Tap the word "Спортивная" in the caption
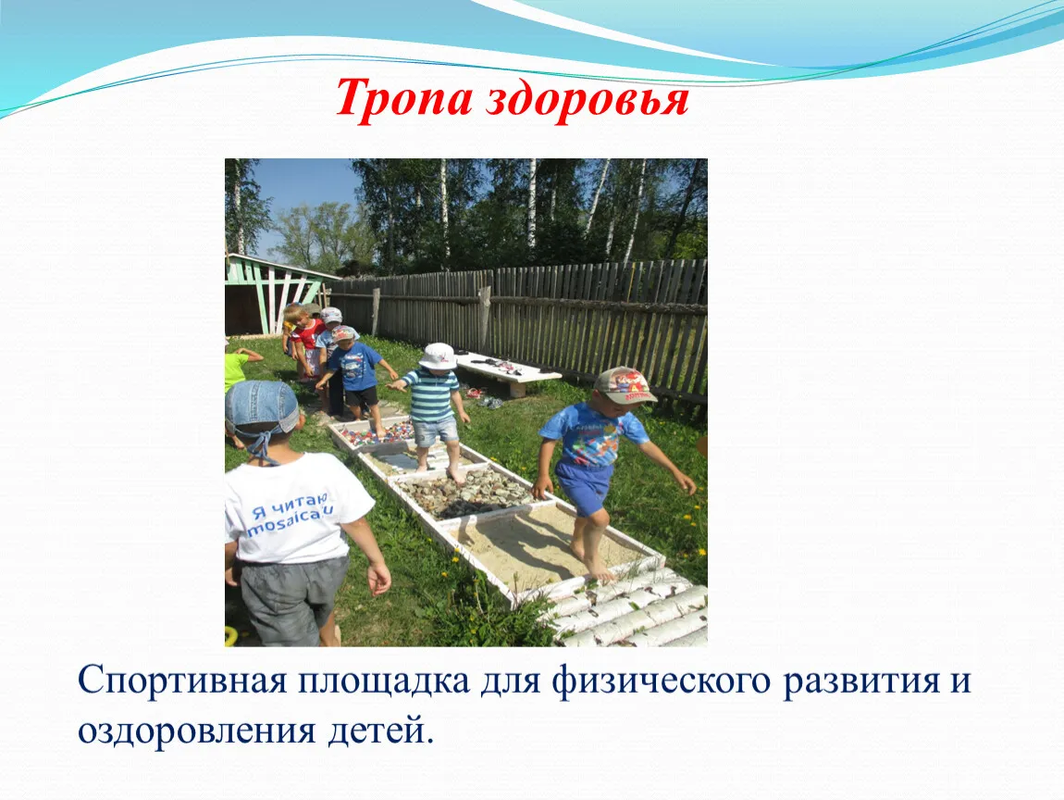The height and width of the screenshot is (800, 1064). coord(182,681)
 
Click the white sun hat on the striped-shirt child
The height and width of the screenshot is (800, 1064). coord(438,356)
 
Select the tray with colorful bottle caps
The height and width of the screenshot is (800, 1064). coord(372,434)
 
